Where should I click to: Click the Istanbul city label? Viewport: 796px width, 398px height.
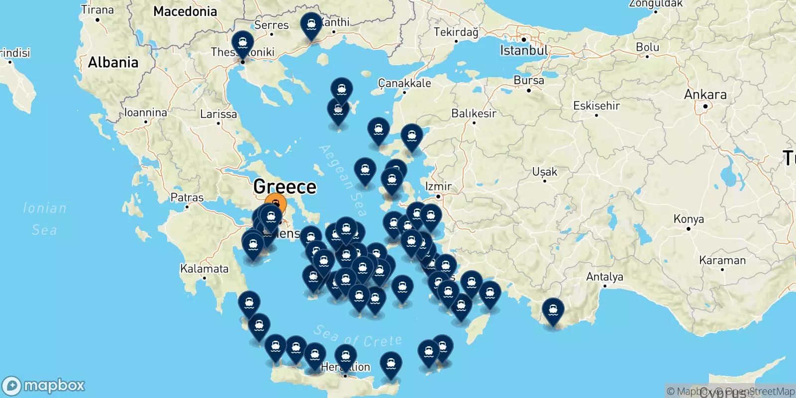click(523, 50)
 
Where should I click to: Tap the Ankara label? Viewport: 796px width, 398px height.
click(705, 95)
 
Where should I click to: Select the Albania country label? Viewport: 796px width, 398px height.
click(113, 62)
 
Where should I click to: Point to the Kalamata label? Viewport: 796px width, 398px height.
click(204, 269)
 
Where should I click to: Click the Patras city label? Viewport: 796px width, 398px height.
click(187, 198)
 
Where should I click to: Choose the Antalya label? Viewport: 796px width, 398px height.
click(604, 277)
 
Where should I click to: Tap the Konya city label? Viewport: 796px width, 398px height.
click(689, 219)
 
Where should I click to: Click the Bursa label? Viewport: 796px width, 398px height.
click(528, 81)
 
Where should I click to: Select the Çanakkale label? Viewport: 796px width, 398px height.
click(404, 83)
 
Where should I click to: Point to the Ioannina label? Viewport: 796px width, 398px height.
click(145, 112)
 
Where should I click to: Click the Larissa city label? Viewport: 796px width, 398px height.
click(218, 114)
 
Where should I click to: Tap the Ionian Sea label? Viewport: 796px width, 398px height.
click(45, 219)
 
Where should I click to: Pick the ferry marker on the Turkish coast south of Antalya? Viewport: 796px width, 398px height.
click(553, 309)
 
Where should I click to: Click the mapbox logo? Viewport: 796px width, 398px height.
click(44, 386)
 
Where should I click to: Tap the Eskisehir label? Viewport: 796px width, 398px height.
click(597, 105)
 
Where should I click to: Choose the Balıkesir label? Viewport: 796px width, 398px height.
click(474, 113)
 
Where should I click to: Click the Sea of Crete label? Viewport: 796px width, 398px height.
click(358, 337)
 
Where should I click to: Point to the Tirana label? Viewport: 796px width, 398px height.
click(98, 10)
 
